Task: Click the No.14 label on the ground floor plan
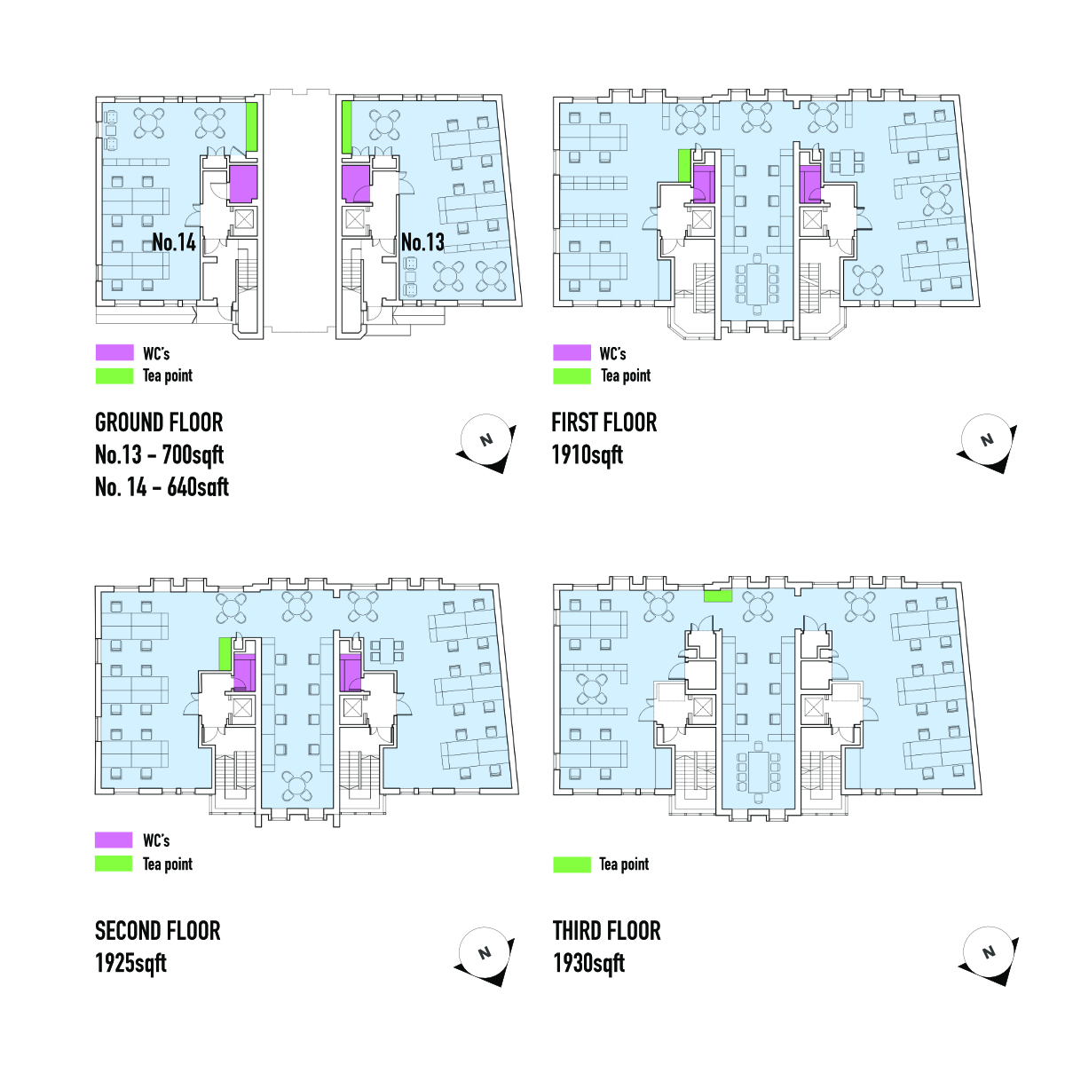tap(174, 242)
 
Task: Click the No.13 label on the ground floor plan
tap(422, 242)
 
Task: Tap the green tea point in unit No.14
tap(252, 127)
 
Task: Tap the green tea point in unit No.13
tap(347, 127)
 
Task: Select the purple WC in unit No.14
tap(242, 185)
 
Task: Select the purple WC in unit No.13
tap(356, 184)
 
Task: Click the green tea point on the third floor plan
tap(718, 596)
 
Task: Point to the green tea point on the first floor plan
tap(684, 166)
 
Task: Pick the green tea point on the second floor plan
tap(225, 654)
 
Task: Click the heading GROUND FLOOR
tap(159, 422)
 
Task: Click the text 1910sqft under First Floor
tap(588, 455)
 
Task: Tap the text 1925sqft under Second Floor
tap(130, 964)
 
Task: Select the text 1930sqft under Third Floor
tap(588, 964)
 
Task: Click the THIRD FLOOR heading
tap(607, 931)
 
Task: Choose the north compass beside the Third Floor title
tap(988, 953)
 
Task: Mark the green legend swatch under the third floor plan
tap(572, 864)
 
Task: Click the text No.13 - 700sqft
tap(159, 455)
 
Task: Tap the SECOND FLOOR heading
tap(158, 931)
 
